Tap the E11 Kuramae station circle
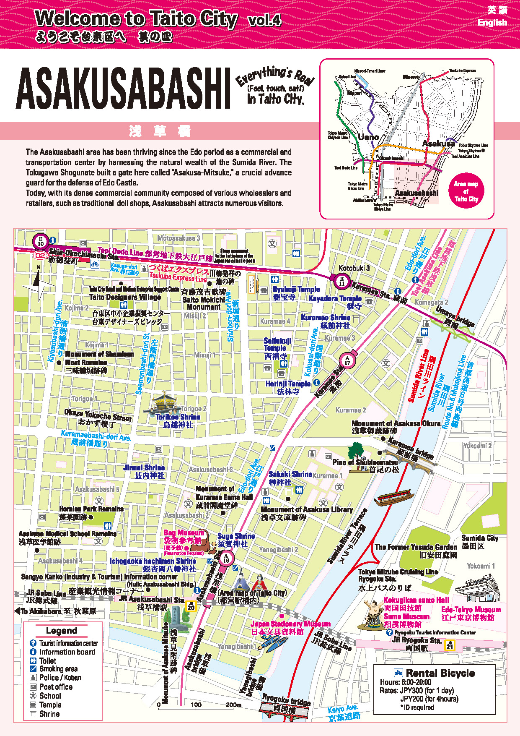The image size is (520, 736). (342, 281)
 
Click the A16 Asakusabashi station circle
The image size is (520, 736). (226, 558)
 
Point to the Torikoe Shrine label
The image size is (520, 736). (178, 417)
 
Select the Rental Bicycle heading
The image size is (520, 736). (440, 673)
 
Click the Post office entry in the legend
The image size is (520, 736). (56, 687)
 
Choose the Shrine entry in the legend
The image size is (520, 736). (49, 714)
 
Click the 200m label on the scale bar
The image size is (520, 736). (233, 705)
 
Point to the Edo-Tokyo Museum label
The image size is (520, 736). (471, 610)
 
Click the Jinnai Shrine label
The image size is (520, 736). (144, 468)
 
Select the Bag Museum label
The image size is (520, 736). (184, 533)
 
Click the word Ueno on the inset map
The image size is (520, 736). (368, 137)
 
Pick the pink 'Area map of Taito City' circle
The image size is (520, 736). (466, 191)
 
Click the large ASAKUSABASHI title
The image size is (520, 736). (124, 89)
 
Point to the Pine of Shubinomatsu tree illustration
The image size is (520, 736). (357, 452)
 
